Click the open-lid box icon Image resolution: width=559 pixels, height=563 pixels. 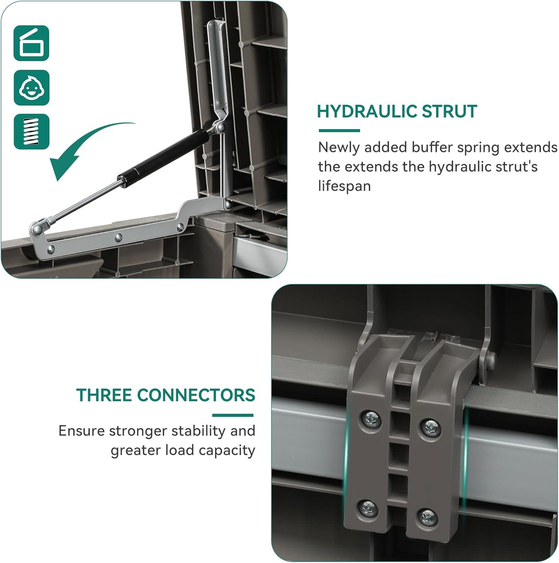coord(32,43)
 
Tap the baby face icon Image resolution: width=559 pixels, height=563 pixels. coord(32,87)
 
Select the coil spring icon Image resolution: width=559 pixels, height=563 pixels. coord(32,132)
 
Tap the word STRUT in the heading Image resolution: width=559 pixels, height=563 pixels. coord(449,111)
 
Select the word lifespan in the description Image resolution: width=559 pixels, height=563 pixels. coord(344,186)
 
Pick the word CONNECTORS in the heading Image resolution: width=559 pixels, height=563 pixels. coord(196,395)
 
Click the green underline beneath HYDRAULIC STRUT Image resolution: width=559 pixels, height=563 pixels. coord(340,131)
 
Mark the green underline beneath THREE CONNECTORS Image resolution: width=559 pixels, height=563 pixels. coord(233,415)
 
